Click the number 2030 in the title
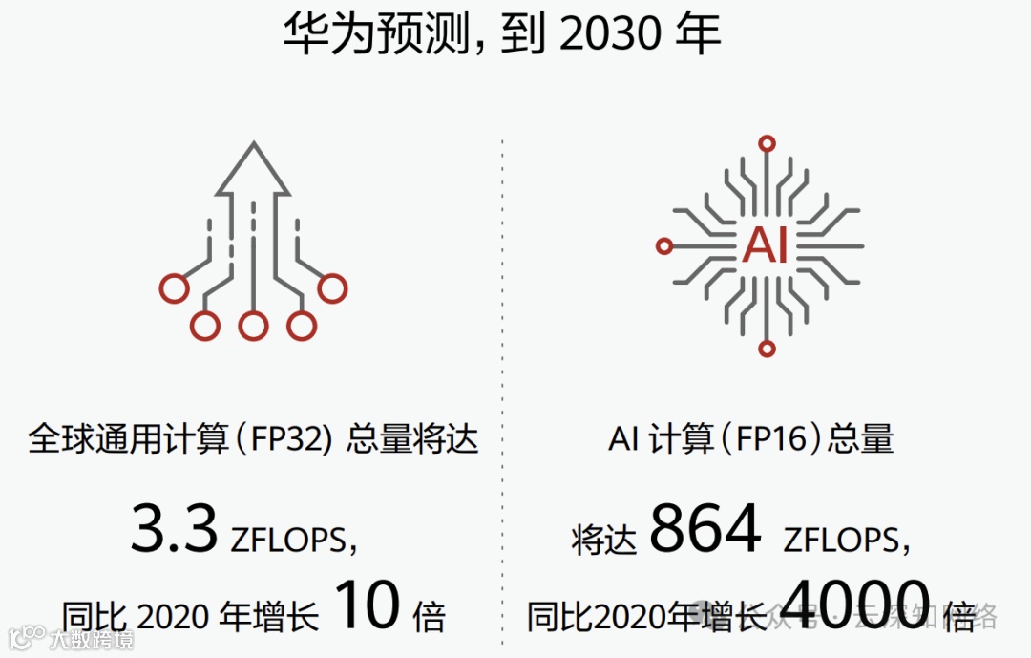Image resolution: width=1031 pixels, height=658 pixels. (610, 34)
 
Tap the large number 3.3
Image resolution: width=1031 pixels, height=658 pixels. (174, 530)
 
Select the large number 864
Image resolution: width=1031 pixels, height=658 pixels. (705, 530)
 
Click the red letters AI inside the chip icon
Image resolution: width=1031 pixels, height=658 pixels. (766, 245)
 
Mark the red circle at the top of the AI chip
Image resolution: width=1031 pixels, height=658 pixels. (766, 144)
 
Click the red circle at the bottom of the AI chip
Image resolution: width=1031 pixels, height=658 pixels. (767, 348)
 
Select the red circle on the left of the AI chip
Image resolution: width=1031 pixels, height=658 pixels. (665, 246)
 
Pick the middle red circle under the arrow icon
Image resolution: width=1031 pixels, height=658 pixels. (253, 327)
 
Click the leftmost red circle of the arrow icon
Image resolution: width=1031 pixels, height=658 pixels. (174, 287)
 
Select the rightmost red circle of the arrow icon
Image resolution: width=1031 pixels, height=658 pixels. (332, 287)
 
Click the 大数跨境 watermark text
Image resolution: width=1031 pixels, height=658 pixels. (91, 638)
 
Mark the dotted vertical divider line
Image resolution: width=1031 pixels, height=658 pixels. (503, 382)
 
